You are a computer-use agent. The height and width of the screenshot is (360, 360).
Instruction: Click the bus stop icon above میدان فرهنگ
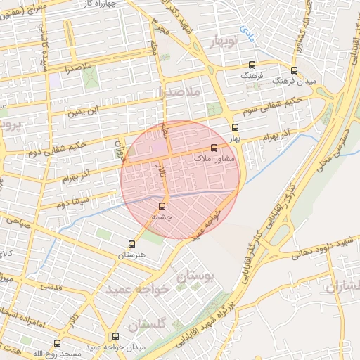(293, 70)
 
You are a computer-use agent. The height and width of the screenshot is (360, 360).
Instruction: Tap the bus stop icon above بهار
(234, 128)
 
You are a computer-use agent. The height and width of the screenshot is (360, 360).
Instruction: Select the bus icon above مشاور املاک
(214, 148)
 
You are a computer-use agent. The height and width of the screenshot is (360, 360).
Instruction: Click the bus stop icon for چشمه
(162, 206)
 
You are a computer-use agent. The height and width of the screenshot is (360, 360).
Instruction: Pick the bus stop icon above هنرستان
(131, 244)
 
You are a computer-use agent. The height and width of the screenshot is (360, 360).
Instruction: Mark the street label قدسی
(52, 286)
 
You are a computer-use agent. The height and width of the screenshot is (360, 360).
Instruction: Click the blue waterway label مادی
(247, 31)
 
